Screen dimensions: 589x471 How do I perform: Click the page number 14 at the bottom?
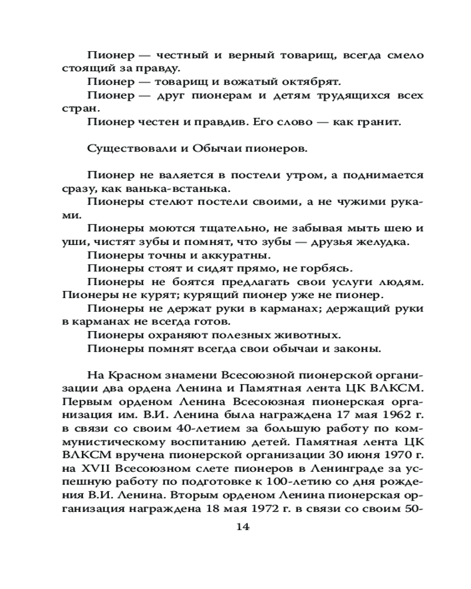[x=243, y=527]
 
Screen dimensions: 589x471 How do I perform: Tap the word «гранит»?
[x=379, y=122]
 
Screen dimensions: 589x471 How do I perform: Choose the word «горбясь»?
[x=324, y=269]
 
